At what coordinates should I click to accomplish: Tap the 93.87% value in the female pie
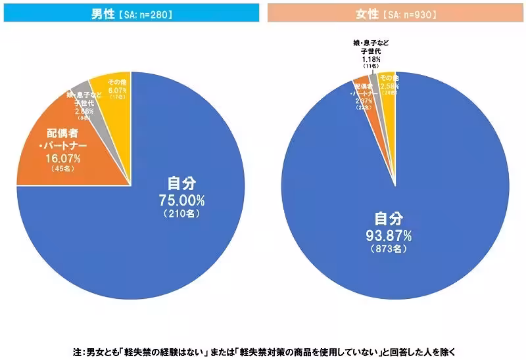click(393, 235)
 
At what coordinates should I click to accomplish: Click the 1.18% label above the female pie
click(370, 58)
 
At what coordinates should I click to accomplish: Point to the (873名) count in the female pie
click(393, 250)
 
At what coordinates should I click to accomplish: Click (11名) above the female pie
click(370, 66)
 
